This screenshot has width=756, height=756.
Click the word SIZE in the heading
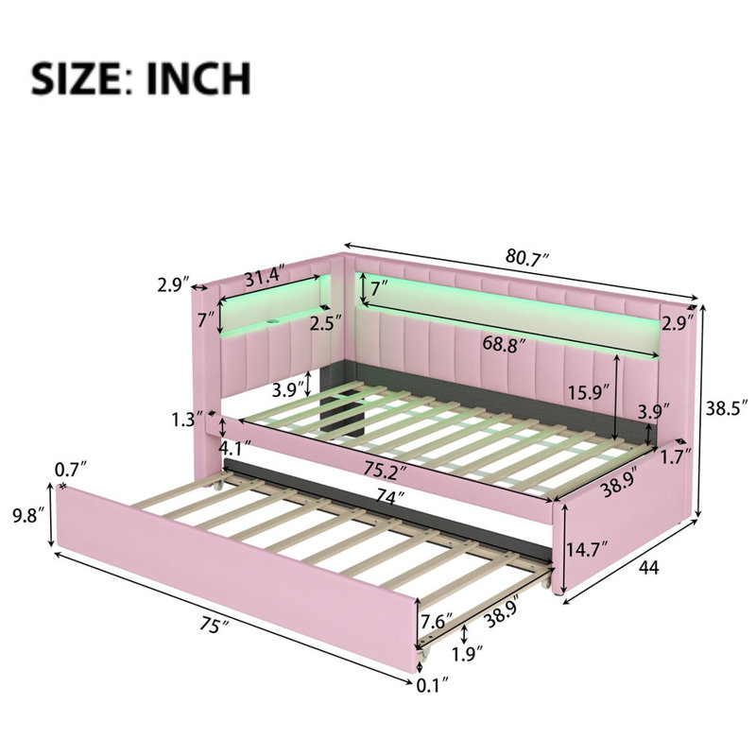click(76, 78)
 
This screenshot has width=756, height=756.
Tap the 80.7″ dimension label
click(527, 256)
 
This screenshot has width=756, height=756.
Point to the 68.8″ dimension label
click(504, 345)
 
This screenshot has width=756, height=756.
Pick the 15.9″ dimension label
click(588, 392)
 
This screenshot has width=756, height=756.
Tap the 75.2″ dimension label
click(384, 470)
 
